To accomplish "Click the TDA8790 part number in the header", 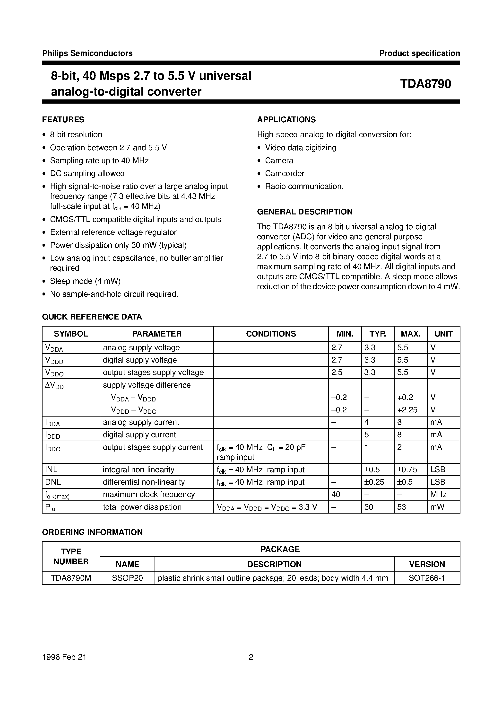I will coord(425,84).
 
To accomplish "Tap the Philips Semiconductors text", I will coord(87,53).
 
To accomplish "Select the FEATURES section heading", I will coord(63,120).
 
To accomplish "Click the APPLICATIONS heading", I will coord(286,120).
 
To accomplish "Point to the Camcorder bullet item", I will coord(285,173).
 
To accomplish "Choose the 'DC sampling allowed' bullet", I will coord(87,173).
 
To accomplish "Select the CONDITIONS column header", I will coord(271,334).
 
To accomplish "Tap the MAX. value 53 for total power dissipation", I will coord(401,507).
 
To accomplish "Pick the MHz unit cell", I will coord(438,495).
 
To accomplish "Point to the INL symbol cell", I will coord(51,470).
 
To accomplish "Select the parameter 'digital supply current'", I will coord(139,435).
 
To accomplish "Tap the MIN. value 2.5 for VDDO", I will coord(337,373).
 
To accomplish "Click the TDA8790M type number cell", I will coord(71,578).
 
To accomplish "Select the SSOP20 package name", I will coord(127,578).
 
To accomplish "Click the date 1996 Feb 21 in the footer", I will coord(64,657).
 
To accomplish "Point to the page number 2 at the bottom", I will coord(251,657).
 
